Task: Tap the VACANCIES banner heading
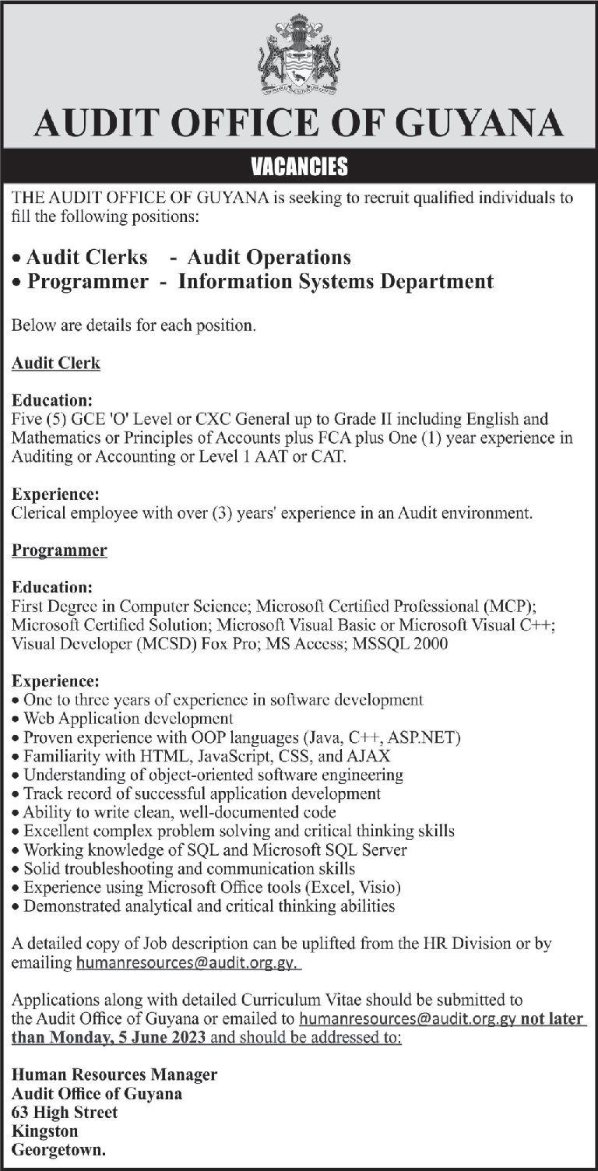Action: pyautogui.click(x=299, y=167)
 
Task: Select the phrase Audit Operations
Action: pyautogui.click(x=269, y=256)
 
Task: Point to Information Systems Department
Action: pyautogui.click(x=336, y=281)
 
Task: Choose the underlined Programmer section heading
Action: pyautogui.click(x=59, y=550)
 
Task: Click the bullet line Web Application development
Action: pyautogui.click(x=128, y=718)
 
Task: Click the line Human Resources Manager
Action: pyautogui.click(x=114, y=1074)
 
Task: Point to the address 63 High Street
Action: pyautogui.click(x=65, y=1112)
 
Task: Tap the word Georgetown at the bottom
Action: pyautogui.click(x=58, y=1149)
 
